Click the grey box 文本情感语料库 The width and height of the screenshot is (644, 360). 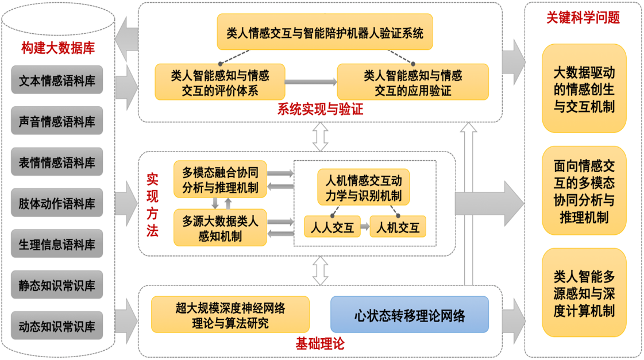coord(57,80)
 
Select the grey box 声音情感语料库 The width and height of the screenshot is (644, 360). coord(57,121)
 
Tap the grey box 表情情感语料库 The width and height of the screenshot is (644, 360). coord(57,162)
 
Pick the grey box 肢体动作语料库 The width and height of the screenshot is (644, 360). coord(57,203)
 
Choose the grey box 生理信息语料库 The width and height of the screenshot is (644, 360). coord(57,244)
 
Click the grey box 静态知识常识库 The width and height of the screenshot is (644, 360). coord(57,285)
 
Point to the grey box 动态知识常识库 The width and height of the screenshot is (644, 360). coord(57,326)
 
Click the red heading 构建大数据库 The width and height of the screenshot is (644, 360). coord(58,48)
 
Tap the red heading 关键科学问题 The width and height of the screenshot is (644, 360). coord(583,18)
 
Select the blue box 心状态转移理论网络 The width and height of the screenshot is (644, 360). coord(409,315)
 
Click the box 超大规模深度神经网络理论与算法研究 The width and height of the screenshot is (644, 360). coord(230,315)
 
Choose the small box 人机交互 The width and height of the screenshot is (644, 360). coord(398,227)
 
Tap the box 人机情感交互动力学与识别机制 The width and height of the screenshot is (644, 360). coord(364,187)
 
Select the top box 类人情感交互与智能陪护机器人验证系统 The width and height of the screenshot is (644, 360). coord(325,33)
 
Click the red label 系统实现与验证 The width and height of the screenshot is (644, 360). coord(320,110)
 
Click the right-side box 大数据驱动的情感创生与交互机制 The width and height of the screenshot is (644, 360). coord(584,89)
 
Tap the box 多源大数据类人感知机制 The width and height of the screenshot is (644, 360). coord(221,227)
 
